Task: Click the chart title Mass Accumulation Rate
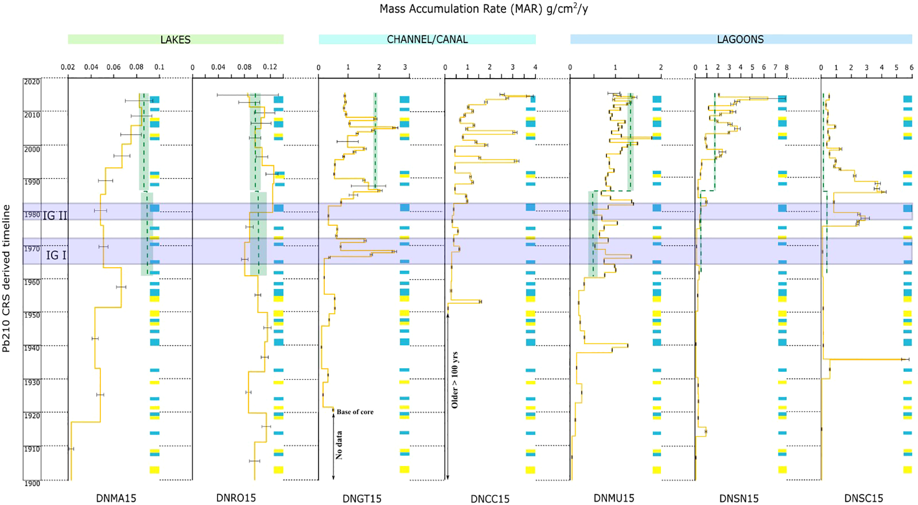point(484,9)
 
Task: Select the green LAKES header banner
point(176,40)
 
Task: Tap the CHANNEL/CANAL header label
point(427,40)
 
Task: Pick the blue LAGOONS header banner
point(740,40)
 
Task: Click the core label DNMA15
point(116,498)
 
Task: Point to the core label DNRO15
point(236,498)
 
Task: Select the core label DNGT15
point(362,498)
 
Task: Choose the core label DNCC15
point(490,499)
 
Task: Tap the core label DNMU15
point(614,498)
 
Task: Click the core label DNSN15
point(739,498)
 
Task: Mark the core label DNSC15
point(864,498)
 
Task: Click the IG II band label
point(55,215)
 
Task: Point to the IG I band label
point(56,255)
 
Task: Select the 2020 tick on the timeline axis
point(32,82)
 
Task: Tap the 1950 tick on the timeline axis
point(32,315)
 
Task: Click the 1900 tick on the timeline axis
point(32,483)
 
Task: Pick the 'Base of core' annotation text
point(355,412)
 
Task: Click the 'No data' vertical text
point(339,445)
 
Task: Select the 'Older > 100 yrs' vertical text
point(455,380)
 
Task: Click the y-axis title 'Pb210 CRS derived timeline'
point(6,278)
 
